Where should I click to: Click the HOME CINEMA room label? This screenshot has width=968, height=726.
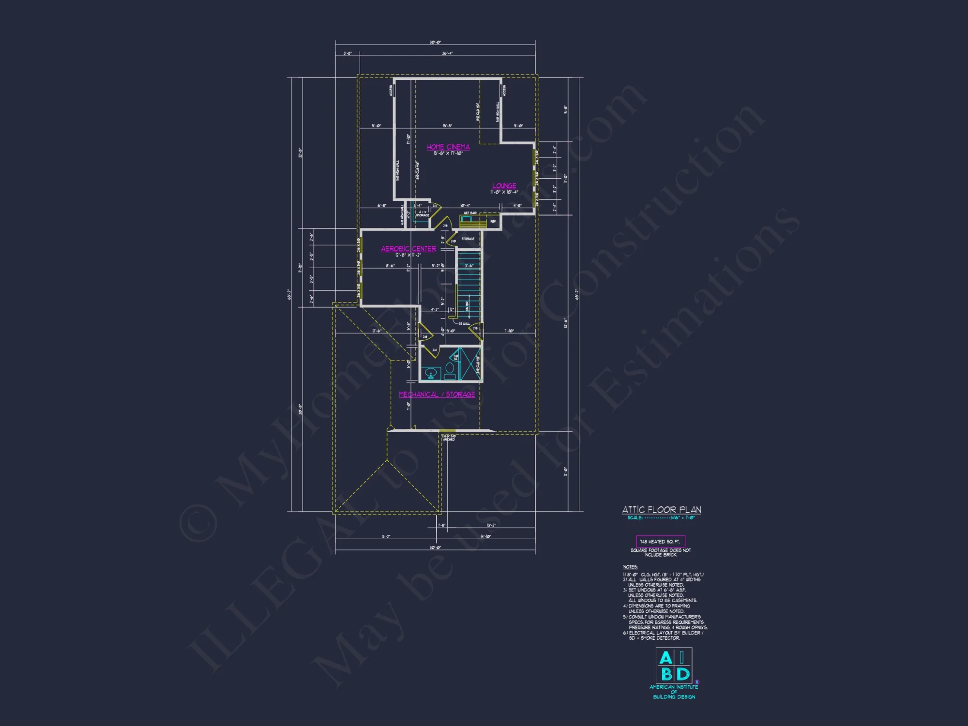pyautogui.click(x=448, y=147)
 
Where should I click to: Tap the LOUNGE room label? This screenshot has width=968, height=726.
pyautogui.click(x=504, y=186)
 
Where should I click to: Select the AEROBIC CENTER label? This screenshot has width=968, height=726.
pyautogui.click(x=408, y=249)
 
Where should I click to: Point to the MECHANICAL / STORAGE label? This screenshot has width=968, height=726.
pyautogui.click(x=437, y=394)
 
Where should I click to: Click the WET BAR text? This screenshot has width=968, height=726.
pyautogui.click(x=470, y=213)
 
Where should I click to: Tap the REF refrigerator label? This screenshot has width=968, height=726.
pyautogui.click(x=493, y=222)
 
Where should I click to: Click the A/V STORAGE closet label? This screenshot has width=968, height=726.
pyautogui.click(x=423, y=213)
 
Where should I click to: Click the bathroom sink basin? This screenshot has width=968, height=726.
pyautogui.click(x=430, y=373)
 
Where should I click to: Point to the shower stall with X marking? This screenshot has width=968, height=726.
pyautogui.click(x=469, y=364)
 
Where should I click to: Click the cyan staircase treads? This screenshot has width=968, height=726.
pyautogui.click(x=469, y=286)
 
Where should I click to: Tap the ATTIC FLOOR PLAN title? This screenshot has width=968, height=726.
pyautogui.click(x=661, y=510)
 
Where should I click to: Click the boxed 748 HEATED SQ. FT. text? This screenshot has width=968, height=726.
pyautogui.click(x=660, y=542)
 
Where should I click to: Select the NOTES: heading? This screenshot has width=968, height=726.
pyautogui.click(x=630, y=567)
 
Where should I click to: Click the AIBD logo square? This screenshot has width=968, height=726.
pyautogui.click(x=674, y=665)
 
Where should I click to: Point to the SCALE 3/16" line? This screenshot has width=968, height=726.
pyautogui.click(x=661, y=518)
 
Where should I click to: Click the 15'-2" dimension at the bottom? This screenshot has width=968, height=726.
pyautogui.click(x=386, y=536)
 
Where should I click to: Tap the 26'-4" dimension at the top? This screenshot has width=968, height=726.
pyautogui.click(x=447, y=53)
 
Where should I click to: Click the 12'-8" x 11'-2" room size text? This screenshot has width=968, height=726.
pyautogui.click(x=408, y=255)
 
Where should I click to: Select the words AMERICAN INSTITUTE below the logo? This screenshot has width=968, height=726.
pyautogui.click(x=674, y=687)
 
